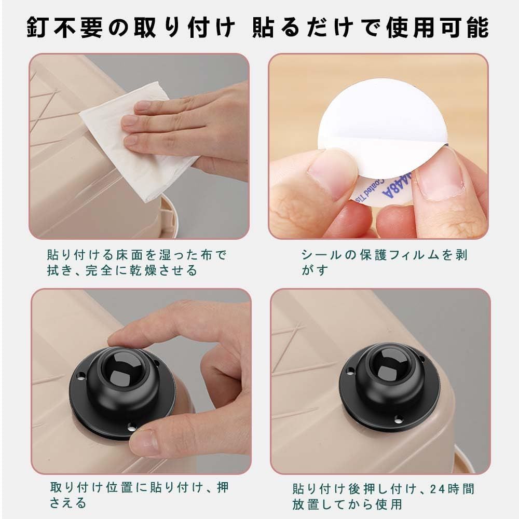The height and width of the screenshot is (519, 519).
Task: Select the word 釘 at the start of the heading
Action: click(37, 28)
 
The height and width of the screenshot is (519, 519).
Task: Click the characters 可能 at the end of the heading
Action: click(465, 28)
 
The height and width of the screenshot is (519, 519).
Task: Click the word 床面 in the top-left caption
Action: click(130, 255)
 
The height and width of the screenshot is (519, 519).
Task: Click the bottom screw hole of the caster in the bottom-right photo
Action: click(399, 420)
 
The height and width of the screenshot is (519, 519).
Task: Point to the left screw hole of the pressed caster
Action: click(80, 376)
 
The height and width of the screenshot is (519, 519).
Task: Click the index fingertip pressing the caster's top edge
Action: click(116, 339)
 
